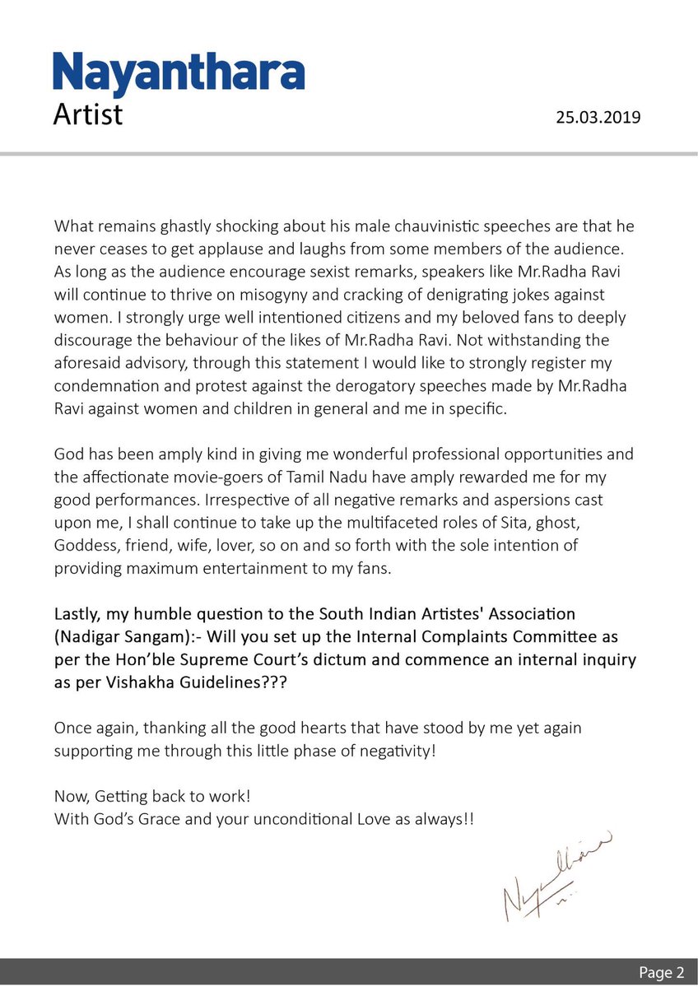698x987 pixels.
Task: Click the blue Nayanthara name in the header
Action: coord(179,73)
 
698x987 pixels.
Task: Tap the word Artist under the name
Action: coord(88,114)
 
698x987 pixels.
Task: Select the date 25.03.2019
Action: coord(598,118)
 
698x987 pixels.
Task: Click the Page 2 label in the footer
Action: coord(661,973)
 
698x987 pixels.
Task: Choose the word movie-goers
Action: coord(244,477)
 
